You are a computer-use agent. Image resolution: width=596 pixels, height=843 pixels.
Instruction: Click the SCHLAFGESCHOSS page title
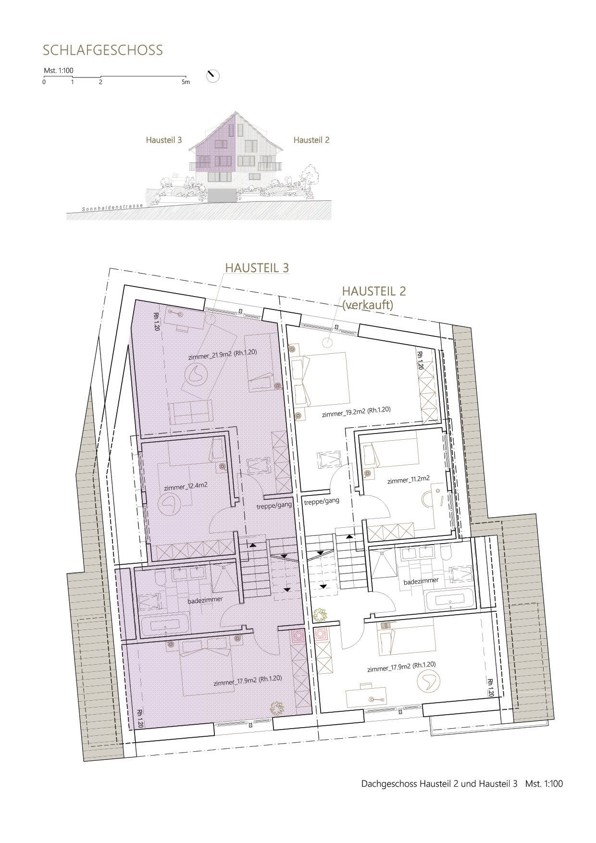click(103, 50)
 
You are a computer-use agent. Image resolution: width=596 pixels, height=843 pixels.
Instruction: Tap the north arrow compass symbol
click(212, 76)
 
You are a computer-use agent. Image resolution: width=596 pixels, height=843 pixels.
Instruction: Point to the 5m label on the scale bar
click(186, 82)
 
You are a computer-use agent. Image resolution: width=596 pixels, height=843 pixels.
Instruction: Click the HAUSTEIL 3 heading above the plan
click(258, 267)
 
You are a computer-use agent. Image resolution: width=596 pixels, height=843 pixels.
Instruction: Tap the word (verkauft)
click(368, 304)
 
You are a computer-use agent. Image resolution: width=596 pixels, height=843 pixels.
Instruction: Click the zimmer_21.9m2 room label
click(222, 353)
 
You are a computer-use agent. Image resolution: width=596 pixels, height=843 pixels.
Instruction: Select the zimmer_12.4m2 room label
click(186, 486)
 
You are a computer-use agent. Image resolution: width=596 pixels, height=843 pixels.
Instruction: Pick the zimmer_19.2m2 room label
click(356, 411)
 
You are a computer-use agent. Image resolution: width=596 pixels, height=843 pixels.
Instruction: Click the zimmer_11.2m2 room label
click(408, 479)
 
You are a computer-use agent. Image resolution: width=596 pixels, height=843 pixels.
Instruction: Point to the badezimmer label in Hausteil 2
click(421, 581)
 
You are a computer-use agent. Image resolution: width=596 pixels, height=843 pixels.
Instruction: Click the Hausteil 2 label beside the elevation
click(311, 140)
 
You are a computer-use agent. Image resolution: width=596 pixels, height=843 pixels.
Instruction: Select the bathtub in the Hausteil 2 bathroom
click(449, 599)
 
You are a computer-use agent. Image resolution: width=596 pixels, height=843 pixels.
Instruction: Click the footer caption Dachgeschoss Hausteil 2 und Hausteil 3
click(439, 783)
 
